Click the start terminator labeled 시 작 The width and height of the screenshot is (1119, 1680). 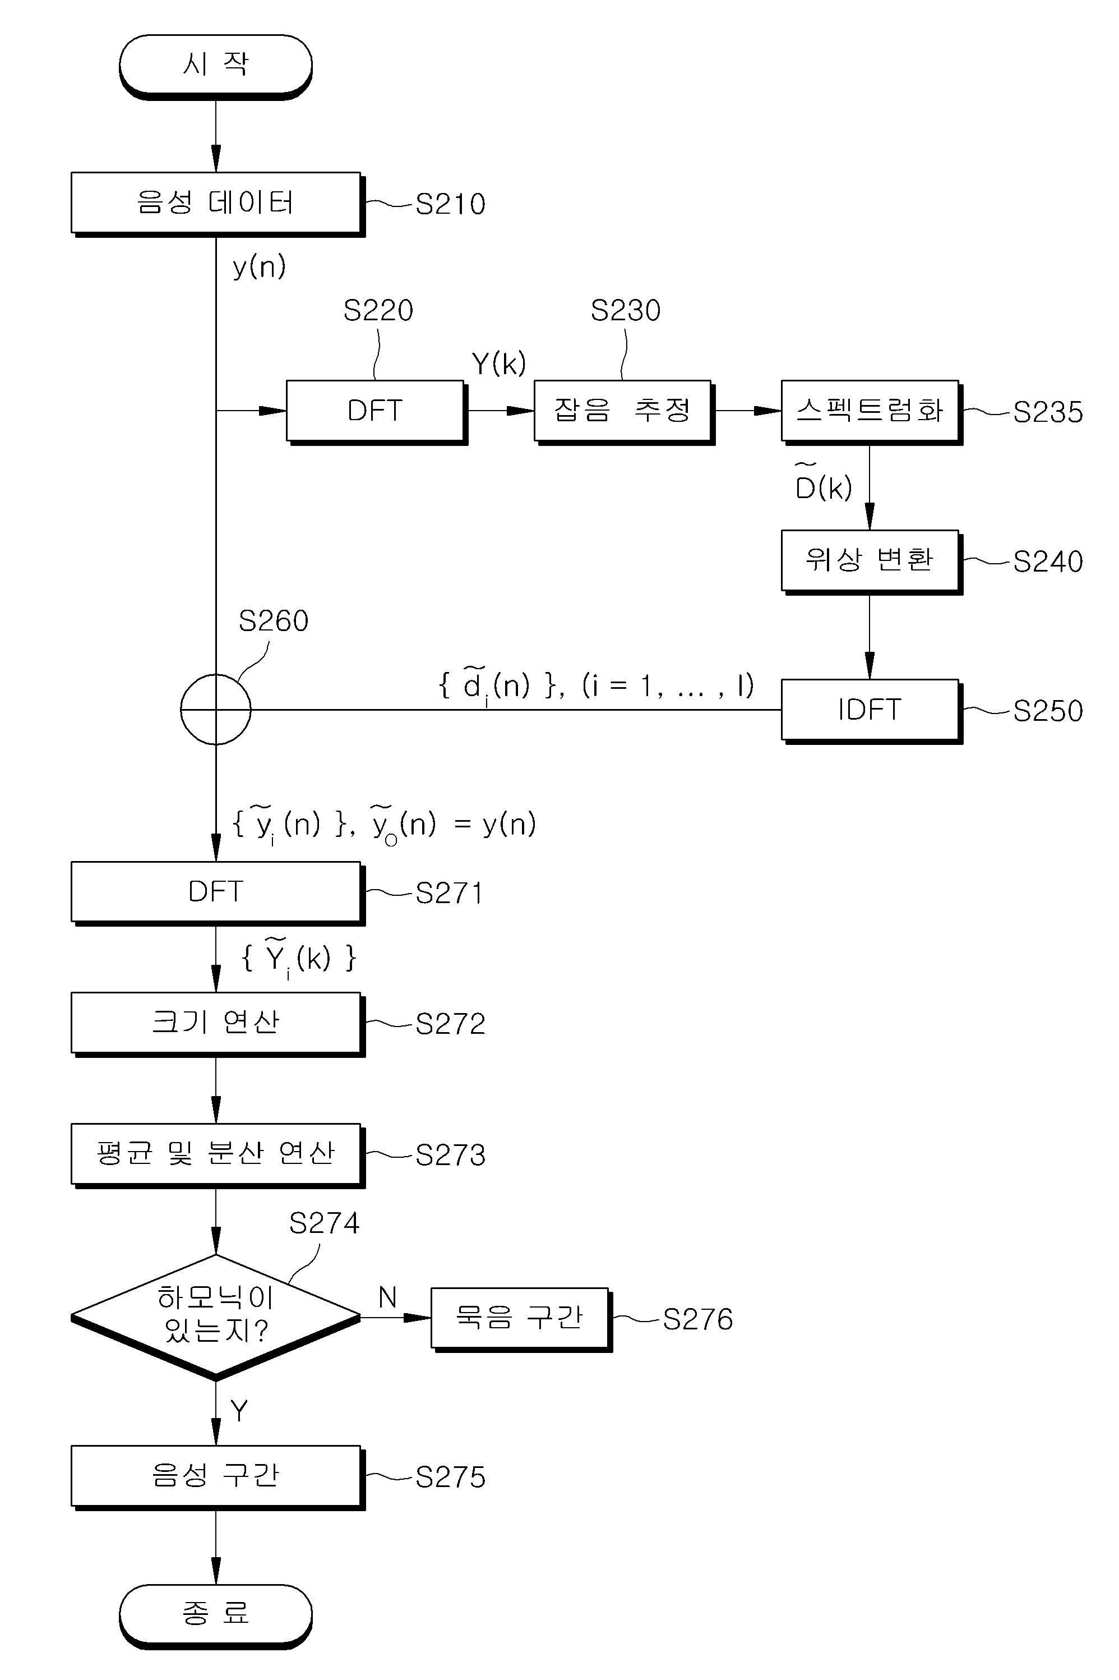215,66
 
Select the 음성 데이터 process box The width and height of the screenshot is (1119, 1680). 218,204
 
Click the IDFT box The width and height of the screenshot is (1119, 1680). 871,711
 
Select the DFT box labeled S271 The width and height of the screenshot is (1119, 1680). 218,893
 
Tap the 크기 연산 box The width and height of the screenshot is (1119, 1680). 218,1024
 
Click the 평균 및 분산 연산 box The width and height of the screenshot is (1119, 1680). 218,1155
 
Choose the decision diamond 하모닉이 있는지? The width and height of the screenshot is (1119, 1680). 215,1317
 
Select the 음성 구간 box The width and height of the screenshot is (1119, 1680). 218,1478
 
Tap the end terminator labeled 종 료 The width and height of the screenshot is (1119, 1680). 215,1617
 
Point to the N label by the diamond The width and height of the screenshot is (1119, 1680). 387,1296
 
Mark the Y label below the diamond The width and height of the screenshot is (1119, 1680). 239,1411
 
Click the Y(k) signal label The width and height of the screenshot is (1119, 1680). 499,364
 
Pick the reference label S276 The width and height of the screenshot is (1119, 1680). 697,1319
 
